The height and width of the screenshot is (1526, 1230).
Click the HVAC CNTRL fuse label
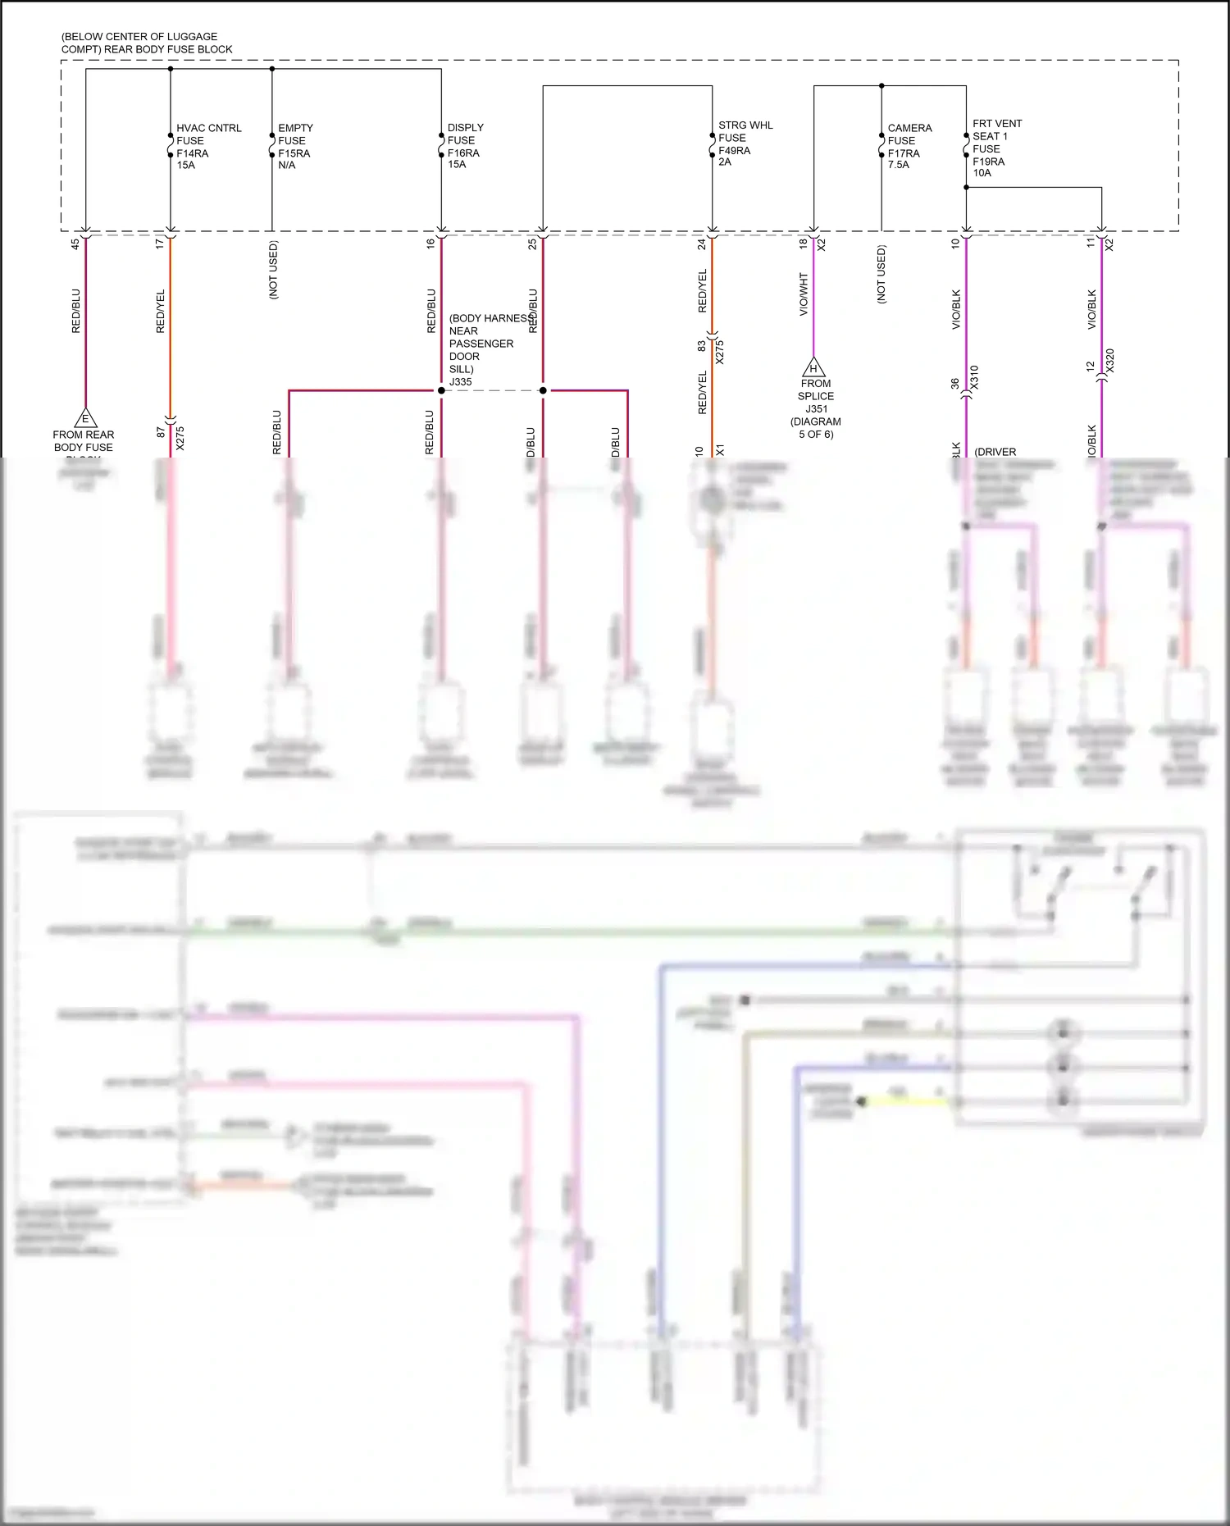pos(208,146)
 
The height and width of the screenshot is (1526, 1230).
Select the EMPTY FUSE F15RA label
pos(294,146)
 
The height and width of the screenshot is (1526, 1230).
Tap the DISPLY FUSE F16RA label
pos(465,146)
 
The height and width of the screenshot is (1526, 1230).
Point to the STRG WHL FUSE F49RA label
pos(745,143)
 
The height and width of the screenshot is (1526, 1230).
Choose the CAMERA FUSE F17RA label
pos(909,146)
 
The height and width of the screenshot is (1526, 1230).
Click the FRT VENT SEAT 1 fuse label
pos(996,148)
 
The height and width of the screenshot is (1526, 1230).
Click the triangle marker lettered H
pos(813,367)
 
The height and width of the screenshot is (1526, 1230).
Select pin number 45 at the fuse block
pos(75,244)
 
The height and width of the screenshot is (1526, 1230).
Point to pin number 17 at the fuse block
pos(160,244)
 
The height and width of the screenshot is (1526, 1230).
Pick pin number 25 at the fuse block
pos(532,244)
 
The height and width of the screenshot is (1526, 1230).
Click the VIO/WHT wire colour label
pos(804,294)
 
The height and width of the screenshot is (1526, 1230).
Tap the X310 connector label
pos(974,377)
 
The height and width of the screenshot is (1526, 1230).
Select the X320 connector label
pos(1109,361)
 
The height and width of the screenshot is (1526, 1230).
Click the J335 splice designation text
pos(460,381)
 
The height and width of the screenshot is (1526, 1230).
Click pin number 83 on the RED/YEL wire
pos(701,346)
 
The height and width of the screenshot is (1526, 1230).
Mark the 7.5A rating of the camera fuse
pos(898,165)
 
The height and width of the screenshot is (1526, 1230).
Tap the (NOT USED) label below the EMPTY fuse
pos(273,270)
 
